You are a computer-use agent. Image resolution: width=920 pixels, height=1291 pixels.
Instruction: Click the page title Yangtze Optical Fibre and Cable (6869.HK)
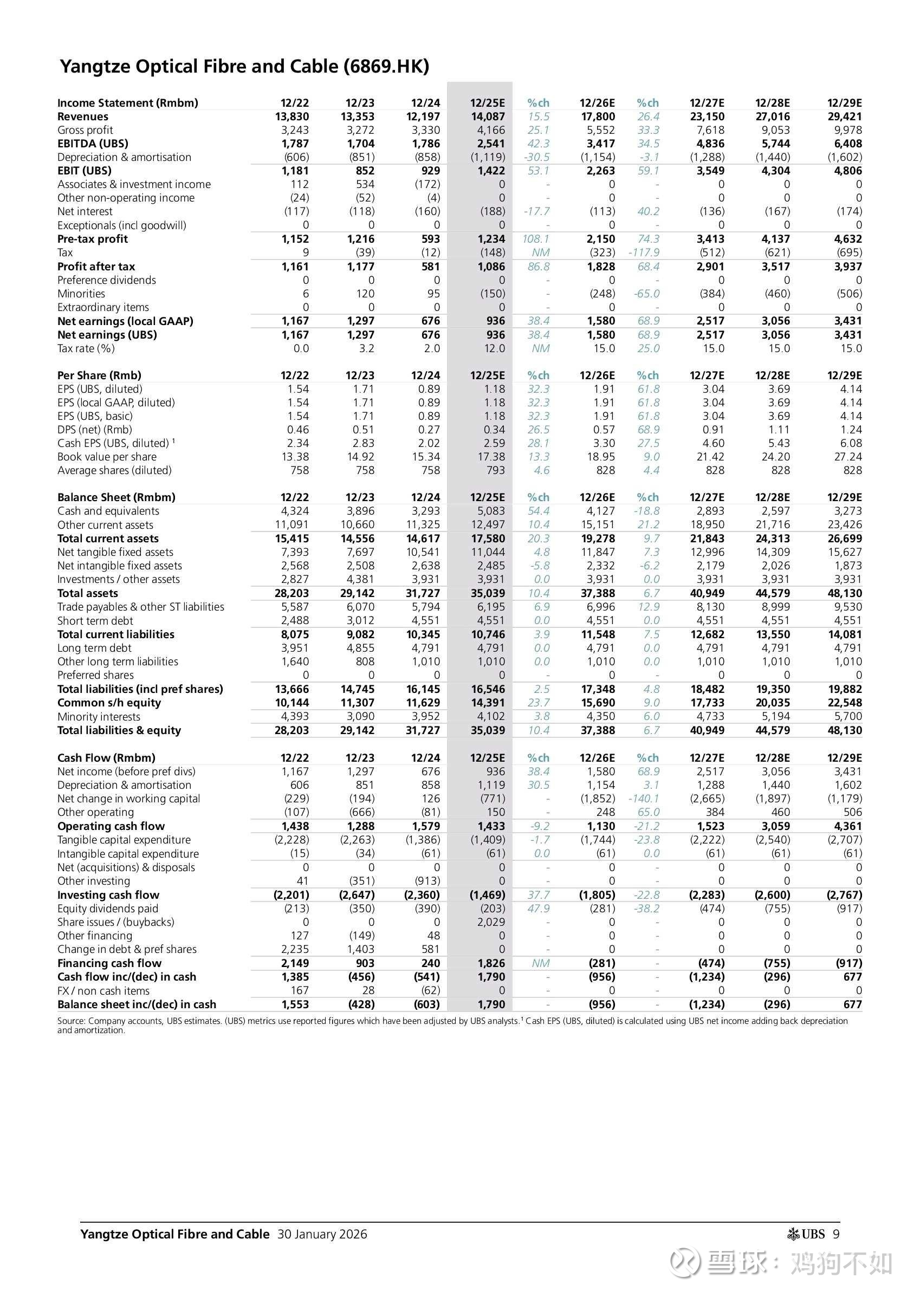tap(244, 67)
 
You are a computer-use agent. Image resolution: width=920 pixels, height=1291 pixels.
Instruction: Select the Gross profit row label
tap(85, 130)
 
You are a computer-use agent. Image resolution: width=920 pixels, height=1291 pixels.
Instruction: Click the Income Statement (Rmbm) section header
tap(127, 103)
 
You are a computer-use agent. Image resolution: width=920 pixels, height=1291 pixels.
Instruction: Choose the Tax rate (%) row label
tap(86, 348)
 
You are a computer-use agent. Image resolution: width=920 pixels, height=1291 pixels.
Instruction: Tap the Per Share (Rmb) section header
tap(99, 375)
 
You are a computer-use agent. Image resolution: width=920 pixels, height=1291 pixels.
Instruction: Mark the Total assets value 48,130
tap(845, 593)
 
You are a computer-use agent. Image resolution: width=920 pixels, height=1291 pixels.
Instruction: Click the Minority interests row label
tap(99, 717)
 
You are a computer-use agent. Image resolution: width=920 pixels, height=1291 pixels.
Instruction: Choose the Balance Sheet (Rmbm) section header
tap(116, 497)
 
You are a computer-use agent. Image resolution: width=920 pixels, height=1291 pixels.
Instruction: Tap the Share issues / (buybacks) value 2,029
tap(491, 922)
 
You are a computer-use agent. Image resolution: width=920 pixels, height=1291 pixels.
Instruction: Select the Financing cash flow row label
tap(109, 963)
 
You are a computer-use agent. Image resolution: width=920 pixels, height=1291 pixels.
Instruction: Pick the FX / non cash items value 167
tap(300, 991)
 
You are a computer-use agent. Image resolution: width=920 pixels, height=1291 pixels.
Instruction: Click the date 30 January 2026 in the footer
tap(322, 1234)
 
